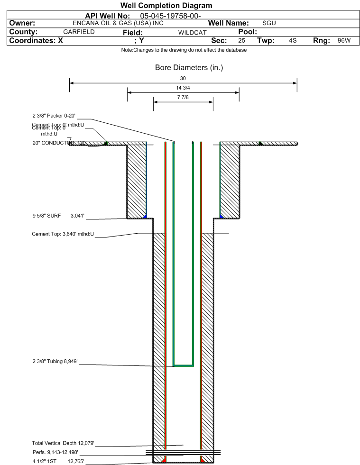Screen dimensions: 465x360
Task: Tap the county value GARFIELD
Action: (x=79, y=32)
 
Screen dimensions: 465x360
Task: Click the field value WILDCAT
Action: (x=192, y=33)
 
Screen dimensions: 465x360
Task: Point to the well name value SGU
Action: (x=269, y=23)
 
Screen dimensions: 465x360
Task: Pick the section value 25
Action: (x=241, y=41)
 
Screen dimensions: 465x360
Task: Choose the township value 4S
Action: (x=293, y=41)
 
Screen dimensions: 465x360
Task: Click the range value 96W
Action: (x=344, y=41)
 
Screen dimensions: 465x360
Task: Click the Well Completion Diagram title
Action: (x=166, y=6)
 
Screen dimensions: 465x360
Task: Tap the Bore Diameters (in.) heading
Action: (x=189, y=68)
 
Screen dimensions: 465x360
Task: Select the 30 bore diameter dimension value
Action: (x=183, y=78)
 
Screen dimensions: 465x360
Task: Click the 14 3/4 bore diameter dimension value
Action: (x=183, y=88)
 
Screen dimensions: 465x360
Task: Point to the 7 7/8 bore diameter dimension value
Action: (x=183, y=98)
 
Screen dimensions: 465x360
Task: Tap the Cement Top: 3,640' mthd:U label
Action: (x=63, y=234)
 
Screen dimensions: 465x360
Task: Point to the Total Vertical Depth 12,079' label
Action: (x=63, y=443)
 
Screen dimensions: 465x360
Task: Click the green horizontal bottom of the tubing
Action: (x=183, y=365)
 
